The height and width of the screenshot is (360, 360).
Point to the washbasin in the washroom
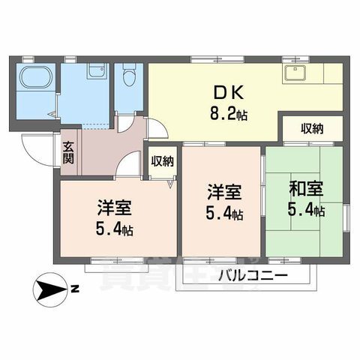(x=96, y=72)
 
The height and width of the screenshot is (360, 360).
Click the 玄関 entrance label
(x=68, y=153)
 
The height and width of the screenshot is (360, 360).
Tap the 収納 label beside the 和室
(x=312, y=128)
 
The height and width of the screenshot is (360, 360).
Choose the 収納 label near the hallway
(x=162, y=160)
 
